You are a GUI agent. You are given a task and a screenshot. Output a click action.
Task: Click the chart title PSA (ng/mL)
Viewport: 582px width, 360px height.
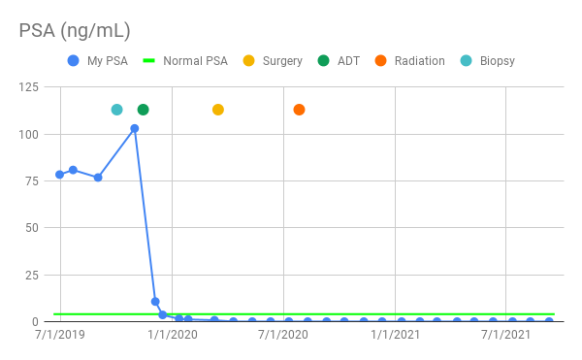75,30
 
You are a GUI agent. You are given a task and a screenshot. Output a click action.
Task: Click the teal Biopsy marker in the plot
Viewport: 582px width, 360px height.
117,110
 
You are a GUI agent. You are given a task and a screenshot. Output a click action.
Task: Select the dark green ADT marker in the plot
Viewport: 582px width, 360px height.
144,110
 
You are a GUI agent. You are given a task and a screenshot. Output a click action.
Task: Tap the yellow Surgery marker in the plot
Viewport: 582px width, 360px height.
218,110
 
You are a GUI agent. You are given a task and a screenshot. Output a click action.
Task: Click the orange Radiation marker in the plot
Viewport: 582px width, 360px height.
299,110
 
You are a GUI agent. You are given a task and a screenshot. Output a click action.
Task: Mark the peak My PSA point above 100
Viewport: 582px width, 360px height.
135,128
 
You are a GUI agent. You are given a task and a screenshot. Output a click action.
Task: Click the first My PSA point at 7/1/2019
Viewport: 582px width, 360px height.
60,175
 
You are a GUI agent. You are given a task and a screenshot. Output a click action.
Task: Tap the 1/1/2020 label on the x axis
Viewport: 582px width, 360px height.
172,335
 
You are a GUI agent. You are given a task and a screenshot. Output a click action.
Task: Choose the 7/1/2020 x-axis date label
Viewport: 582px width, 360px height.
283,335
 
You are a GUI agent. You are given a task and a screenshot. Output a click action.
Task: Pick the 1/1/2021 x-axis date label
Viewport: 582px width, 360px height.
395,335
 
